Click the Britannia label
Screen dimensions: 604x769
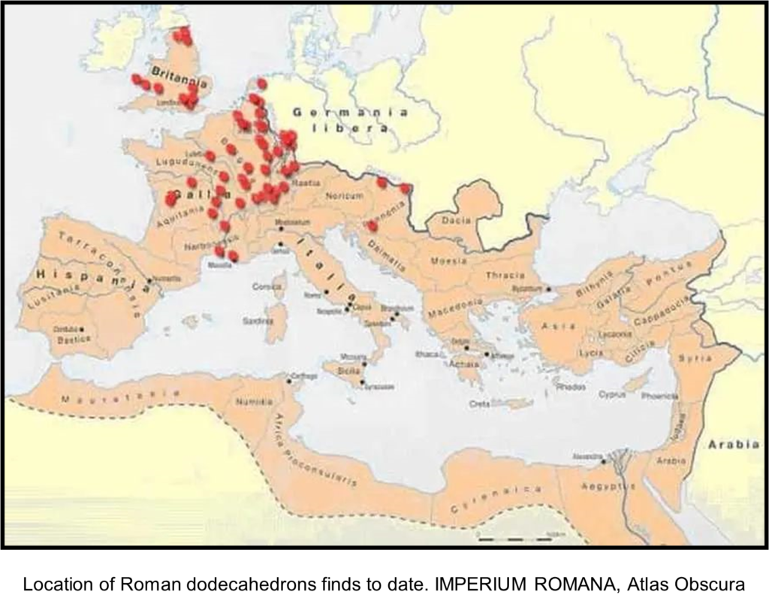(173, 72)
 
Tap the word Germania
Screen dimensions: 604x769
(351, 113)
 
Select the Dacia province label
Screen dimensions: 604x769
(457, 220)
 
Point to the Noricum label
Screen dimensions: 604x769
(345, 195)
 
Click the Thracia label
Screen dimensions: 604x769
(505, 275)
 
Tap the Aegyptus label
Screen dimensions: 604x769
(608, 486)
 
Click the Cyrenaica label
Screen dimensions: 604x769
(496, 500)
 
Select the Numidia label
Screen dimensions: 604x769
(255, 402)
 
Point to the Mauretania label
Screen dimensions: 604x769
(120, 396)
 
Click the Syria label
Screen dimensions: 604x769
(695, 358)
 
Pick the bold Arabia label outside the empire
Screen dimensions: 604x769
(733, 444)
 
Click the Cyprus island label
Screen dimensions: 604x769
(612, 394)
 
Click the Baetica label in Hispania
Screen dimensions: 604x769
(74, 340)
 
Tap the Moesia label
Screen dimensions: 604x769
(448, 261)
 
